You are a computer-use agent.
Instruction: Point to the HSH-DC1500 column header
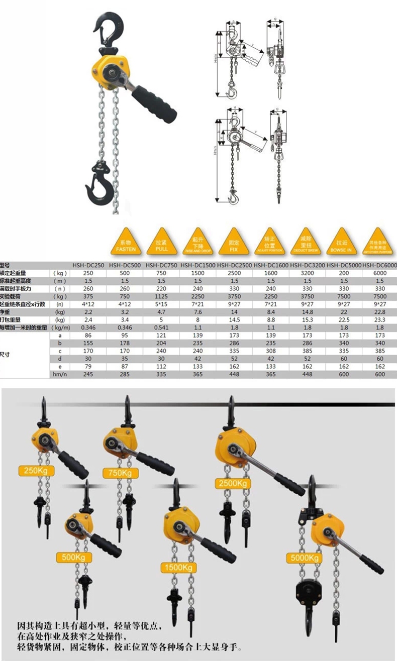pos(198,265)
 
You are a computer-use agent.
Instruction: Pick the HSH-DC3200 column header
pos(308,265)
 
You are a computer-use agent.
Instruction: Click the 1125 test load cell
pos(162,296)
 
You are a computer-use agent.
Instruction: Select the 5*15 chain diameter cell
pos(162,304)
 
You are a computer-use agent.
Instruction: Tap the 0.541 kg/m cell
pos(162,327)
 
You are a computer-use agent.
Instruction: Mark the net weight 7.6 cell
pos(198,312)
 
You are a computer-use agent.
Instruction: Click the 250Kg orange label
pos(35,471)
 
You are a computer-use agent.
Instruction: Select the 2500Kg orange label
pos(233,483)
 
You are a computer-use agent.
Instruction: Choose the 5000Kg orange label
pos(305,558)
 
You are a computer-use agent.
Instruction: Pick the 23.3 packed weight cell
pos(380,319)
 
